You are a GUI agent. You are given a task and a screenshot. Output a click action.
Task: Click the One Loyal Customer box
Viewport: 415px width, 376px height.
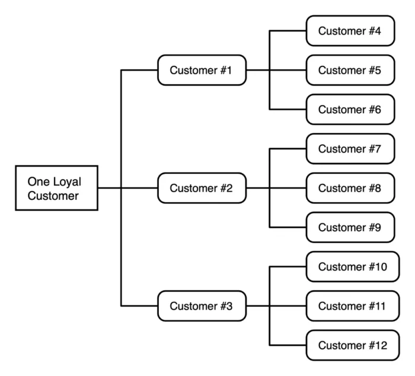pos(56,188)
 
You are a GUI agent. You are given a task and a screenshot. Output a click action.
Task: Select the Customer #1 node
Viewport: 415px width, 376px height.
pos(202,70)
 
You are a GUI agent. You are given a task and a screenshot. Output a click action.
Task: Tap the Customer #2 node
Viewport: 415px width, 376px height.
pos(202,188)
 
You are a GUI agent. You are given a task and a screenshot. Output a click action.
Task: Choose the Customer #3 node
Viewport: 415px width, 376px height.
pos(202,306)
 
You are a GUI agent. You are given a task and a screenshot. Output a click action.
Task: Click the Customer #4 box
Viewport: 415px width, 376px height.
pos(350,31)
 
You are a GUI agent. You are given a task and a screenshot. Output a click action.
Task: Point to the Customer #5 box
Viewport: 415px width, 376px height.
pos(350,70)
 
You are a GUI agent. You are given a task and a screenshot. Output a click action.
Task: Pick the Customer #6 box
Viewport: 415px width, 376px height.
pos(350,109)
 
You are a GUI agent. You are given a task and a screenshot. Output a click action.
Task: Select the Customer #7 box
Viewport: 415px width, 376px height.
pos(350,149)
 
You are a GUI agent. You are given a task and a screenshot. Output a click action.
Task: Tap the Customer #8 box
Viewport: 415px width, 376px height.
pos(350,188)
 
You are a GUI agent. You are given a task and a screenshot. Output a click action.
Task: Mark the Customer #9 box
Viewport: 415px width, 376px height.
pos(350,227)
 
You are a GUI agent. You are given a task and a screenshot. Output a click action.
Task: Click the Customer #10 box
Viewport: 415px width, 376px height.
pos(353,267)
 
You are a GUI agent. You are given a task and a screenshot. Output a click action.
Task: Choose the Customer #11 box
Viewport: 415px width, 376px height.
pos(353,306)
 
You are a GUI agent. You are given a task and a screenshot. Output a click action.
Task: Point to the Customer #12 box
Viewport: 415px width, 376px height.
pos(353,345)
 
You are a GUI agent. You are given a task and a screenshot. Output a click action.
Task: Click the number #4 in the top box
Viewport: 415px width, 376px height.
pos(374,31)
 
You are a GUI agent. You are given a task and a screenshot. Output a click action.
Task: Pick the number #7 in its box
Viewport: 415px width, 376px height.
pos(374,149)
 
